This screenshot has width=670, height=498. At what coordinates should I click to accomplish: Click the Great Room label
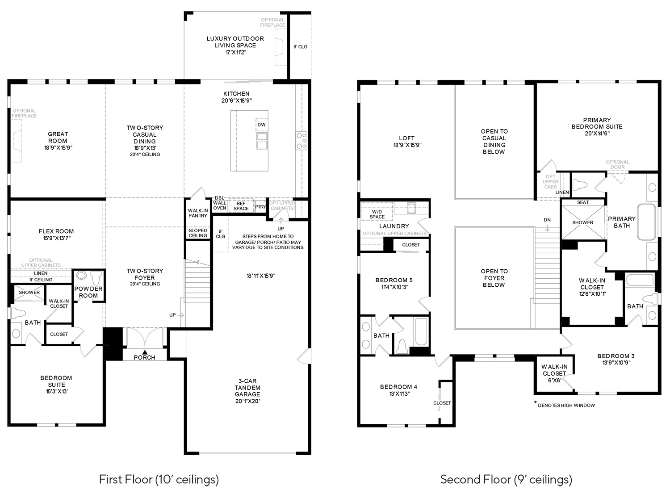[x=58, y=138]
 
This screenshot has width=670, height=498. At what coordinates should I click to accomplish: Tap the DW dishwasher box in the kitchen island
[x=262, y=125]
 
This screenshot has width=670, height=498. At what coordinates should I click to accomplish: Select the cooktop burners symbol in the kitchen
[x=301, y=141]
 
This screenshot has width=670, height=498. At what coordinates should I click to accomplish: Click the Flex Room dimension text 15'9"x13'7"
[x=56, y=238]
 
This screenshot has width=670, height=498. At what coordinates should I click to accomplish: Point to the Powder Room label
[x=88, y=292]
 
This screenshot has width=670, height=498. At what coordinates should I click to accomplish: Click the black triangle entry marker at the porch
[x=145, y=352]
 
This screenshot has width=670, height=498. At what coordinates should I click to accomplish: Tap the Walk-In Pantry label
[x=198, y=213]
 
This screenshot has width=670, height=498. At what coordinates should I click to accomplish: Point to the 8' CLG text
[x=300, y=47]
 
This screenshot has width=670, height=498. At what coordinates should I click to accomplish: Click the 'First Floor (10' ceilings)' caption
[x=159, y=480]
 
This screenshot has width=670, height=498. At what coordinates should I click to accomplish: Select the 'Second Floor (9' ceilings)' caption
[x=506, y=480]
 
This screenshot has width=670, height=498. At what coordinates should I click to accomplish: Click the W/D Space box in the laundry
[x=377, y=211]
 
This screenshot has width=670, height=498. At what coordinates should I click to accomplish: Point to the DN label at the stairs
[x=547, y=220]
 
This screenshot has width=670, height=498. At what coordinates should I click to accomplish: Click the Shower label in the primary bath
[x=583, y=222]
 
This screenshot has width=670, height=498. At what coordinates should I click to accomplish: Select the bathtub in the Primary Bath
[x=647, y=222]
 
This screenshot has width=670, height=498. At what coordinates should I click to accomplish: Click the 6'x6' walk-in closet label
[x=554, y=381]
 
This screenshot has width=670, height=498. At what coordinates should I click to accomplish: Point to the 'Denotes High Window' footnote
[x=564, y=405]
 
